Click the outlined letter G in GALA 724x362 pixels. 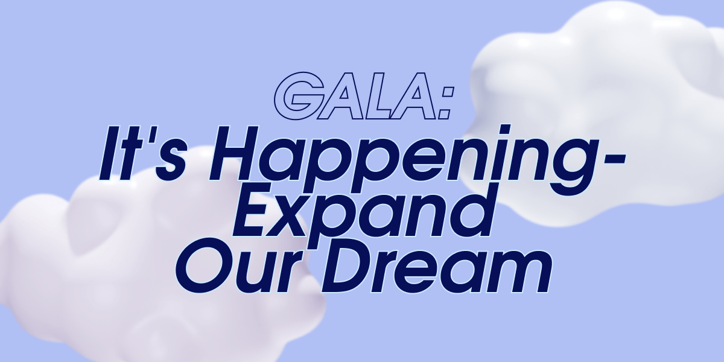(299, 96)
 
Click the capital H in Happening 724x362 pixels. (242, 153)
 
